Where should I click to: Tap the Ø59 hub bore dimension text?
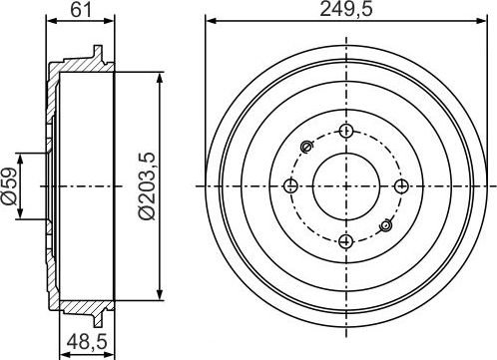coord(11,184)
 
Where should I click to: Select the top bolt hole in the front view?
coord(345,131)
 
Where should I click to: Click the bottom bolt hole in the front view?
coord(345,240)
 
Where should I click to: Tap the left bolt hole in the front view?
coord(290,185)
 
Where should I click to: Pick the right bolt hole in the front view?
coord(400,185)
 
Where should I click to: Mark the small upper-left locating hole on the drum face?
coord(305,150)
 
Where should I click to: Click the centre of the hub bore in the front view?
coord(345,185)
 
